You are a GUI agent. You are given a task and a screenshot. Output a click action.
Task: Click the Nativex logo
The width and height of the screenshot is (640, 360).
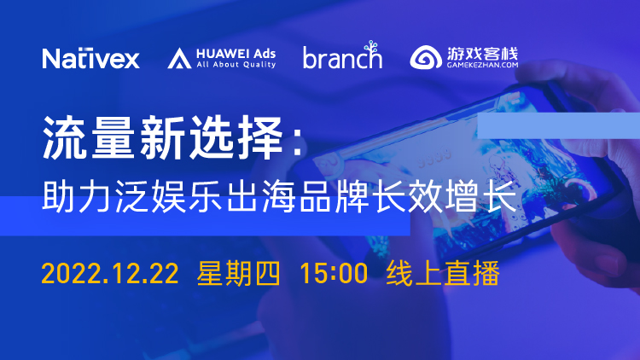pos(90,58)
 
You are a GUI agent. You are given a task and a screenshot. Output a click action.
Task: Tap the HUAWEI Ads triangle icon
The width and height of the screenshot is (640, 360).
pos(179,58)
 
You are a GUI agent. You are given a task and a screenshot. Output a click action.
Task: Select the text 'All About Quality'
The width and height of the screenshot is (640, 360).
pos(236,65)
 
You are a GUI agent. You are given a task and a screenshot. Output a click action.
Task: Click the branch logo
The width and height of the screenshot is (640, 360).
pos(342,55)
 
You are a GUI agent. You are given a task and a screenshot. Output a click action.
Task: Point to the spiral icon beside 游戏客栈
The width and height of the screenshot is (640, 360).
pos(426,57)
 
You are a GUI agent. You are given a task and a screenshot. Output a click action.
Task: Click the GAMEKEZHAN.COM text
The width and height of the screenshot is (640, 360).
pos(482,65)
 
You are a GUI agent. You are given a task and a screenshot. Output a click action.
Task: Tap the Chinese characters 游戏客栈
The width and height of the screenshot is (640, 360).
pos(482,54)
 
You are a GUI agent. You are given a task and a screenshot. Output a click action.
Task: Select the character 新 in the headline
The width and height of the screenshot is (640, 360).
pos(163,137)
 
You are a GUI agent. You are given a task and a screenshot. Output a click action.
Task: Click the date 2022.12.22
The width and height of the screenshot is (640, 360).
pos(110,274)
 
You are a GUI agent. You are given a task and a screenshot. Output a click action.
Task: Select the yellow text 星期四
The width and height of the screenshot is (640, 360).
pos(239,273)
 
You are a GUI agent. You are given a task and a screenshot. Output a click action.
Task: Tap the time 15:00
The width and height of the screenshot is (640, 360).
pos(334,274)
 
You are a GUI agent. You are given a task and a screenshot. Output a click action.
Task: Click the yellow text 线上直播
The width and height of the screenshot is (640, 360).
pos(443,273)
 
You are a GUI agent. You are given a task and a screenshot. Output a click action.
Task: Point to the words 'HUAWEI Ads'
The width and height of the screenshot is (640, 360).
pos(236,54)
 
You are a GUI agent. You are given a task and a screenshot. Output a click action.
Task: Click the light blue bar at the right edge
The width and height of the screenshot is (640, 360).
pos(558,125)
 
